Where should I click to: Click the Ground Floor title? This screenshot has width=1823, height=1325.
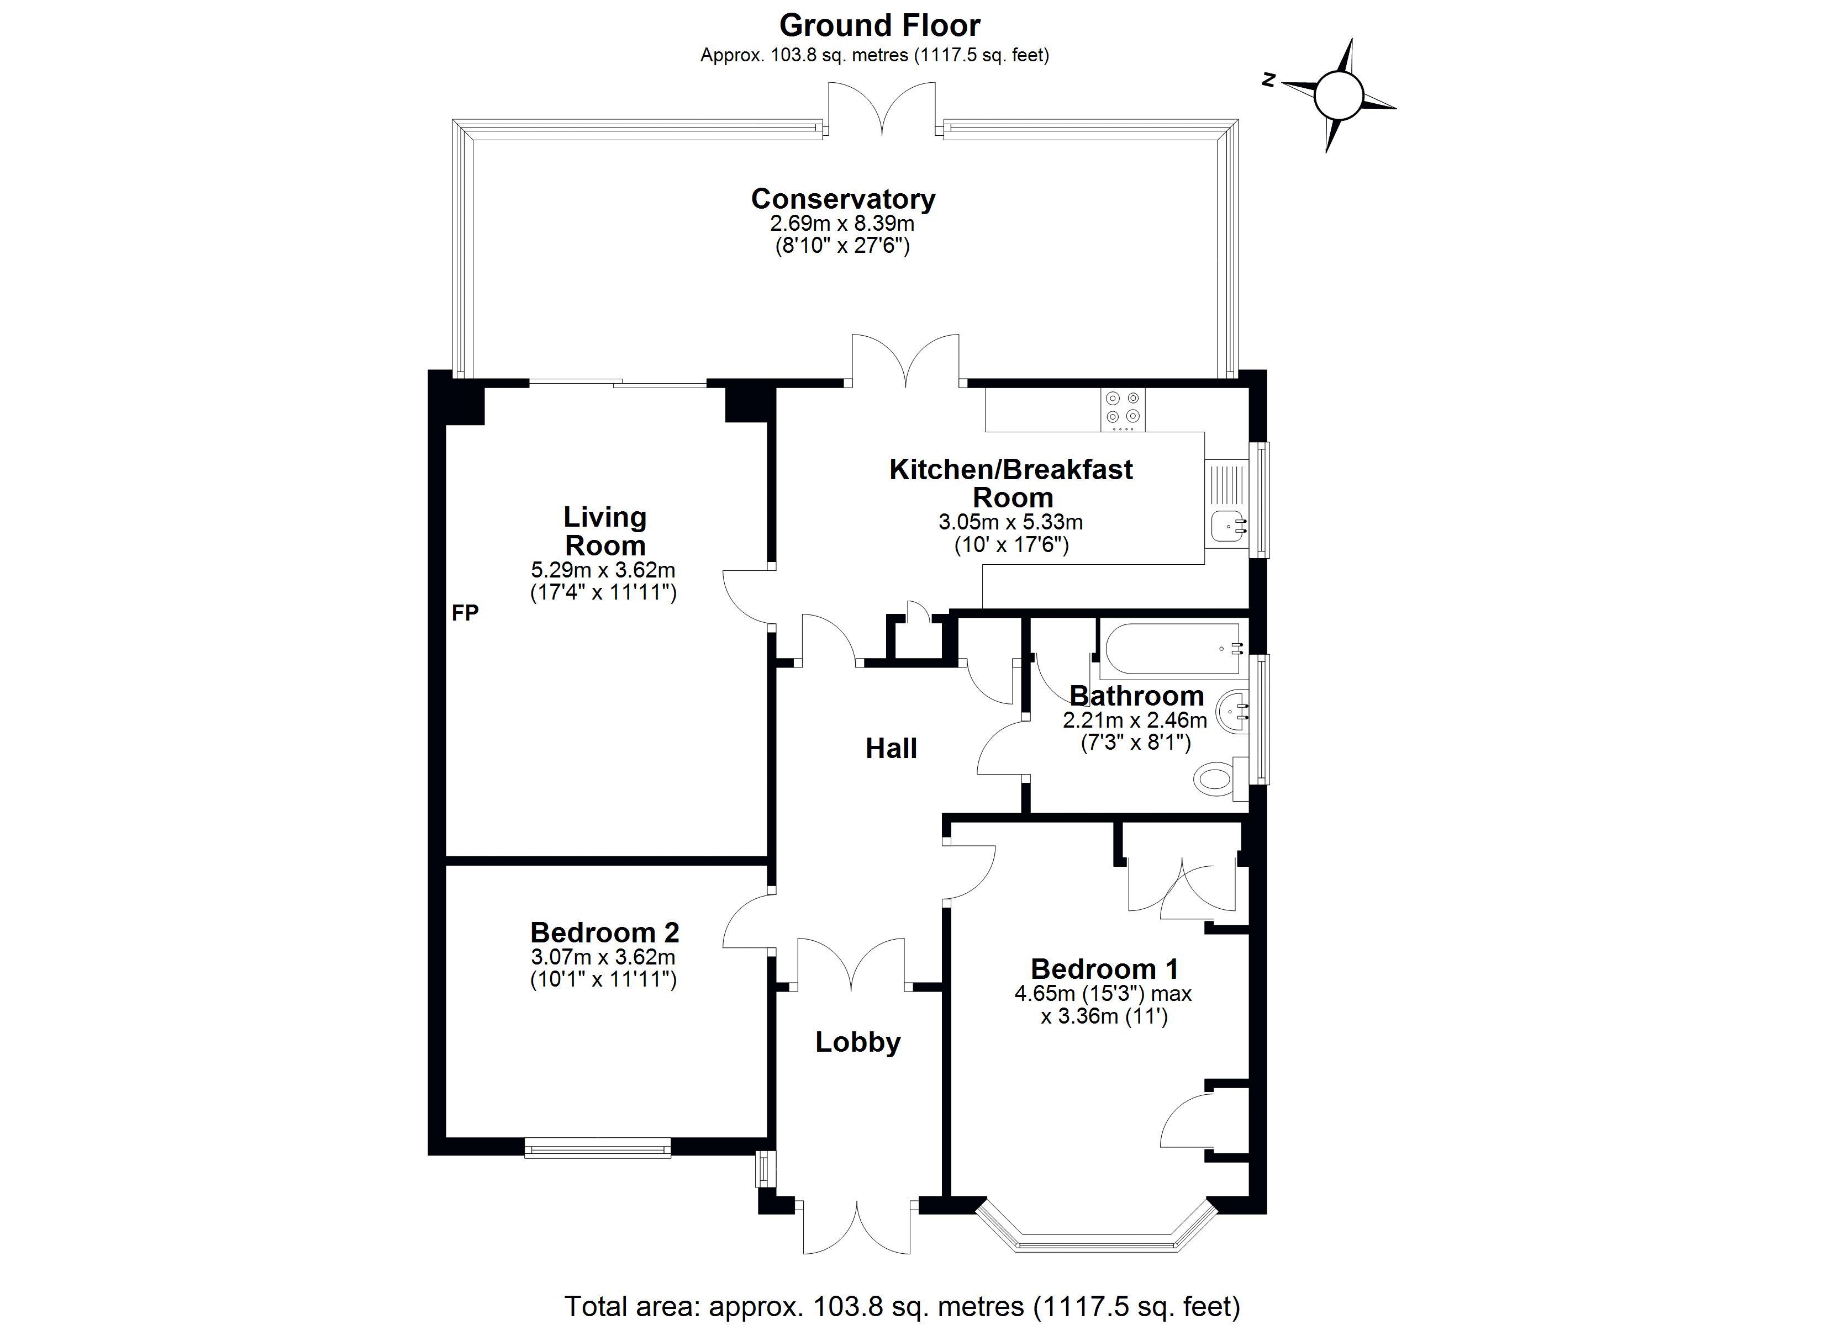(879, 26)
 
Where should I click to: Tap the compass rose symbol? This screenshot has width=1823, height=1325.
(1339, 96)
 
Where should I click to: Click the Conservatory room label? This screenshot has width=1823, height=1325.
(842, 198)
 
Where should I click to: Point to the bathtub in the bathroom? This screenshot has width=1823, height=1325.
(1172, 649)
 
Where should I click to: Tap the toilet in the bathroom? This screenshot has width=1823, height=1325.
(1216, 778)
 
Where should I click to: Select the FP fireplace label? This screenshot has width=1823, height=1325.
(465, 613)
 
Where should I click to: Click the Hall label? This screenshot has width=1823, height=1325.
(891, 748)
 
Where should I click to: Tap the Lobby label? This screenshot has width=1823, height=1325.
(858, 1042)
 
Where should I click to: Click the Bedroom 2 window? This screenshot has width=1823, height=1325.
(597, 1147)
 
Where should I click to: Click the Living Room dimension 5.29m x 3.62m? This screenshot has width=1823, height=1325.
(603, 570)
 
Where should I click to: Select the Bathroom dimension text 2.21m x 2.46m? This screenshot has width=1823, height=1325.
(1134, 720)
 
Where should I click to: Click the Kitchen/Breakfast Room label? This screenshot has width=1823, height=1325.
(1011, 483)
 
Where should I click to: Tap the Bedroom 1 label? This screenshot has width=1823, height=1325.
(1104, 968)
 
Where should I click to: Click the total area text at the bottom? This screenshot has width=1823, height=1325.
(902, 1306)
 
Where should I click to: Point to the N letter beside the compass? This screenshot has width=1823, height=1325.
(1269, 79)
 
